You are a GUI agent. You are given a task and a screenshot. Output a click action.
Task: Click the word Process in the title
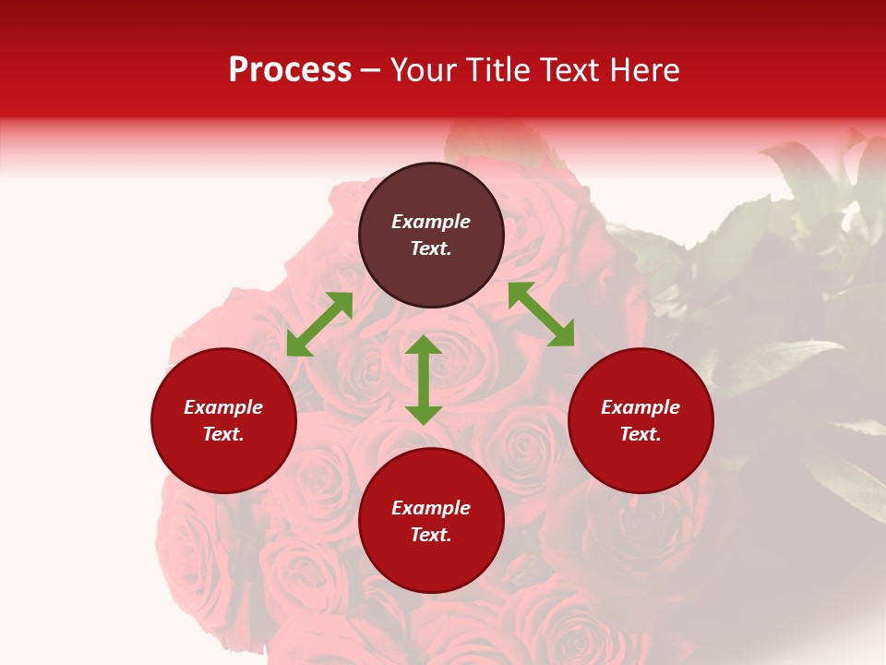290,70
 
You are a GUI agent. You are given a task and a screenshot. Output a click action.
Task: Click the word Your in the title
423,70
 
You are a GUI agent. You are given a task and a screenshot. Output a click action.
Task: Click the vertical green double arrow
424,380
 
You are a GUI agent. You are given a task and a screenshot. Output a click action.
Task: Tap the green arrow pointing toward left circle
319,324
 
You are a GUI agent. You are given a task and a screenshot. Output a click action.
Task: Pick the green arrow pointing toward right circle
541,314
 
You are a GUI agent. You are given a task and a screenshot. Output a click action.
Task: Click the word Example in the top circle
431,222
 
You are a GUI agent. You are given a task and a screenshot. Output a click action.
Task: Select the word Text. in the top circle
431,248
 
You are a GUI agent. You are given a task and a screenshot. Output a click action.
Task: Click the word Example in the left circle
223,407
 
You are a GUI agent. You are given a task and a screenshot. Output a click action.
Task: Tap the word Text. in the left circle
223,434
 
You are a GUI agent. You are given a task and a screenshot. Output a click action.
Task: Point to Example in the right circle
641,407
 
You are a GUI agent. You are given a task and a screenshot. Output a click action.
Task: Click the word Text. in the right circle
641,434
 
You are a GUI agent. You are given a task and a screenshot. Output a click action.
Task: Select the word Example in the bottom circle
431,508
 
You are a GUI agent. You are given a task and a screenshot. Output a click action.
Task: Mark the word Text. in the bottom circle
431,535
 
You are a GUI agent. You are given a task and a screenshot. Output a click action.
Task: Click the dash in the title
371,71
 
